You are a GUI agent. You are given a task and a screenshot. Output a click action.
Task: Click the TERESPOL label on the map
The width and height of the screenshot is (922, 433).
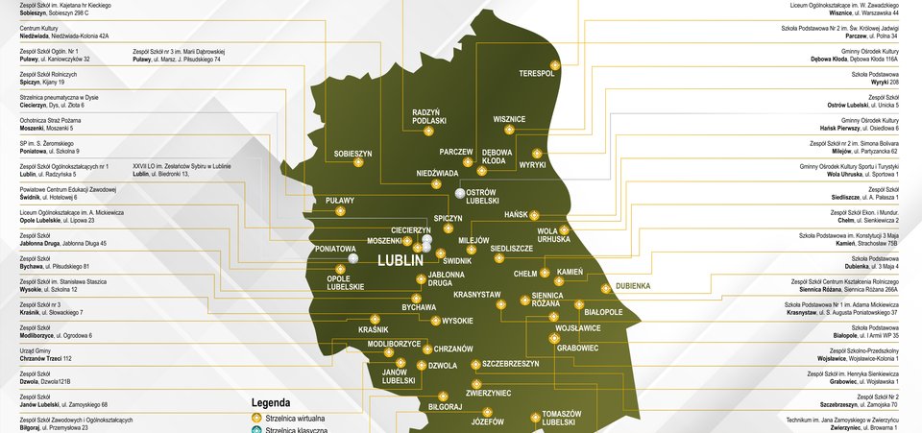click(537, 73)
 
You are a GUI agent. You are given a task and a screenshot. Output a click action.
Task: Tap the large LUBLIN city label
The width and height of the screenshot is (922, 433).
click(400, 259)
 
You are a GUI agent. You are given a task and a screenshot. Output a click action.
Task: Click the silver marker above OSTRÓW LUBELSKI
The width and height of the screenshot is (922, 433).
click(460, 193)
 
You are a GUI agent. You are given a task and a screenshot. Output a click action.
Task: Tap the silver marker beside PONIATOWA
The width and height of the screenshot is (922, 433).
click(353, 258)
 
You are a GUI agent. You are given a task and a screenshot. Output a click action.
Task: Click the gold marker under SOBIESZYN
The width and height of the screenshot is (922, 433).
click(358, 163)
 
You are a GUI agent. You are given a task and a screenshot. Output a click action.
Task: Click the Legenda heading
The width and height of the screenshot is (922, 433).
click(271, 403)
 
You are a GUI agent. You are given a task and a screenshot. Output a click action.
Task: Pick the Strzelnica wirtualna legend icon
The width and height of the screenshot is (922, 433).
click(255, 419)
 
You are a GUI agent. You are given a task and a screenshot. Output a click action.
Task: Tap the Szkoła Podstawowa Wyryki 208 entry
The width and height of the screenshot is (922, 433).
click(875, 78)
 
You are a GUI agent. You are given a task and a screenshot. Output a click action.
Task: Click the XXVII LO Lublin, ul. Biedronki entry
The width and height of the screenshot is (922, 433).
click(182, 170)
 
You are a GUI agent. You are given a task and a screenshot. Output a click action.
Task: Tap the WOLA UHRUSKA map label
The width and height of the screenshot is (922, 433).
click(553, 234)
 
